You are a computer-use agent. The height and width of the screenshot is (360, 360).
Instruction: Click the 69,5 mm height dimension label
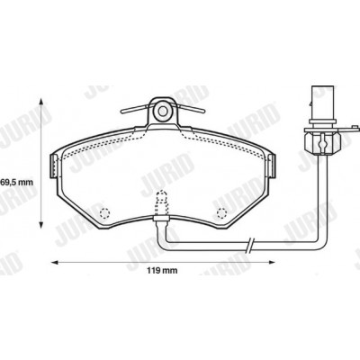(x=16, y=182)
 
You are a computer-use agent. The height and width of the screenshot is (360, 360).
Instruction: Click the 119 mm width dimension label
(x=162, y=271)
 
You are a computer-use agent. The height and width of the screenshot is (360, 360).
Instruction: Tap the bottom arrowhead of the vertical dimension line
(x=41, y=224)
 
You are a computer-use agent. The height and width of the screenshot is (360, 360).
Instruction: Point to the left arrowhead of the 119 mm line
(x=54, y=263)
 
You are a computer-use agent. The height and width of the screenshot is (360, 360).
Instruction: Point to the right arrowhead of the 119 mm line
(x=271, y=263)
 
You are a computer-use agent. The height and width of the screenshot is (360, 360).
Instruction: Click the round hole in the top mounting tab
(x=163, y=112)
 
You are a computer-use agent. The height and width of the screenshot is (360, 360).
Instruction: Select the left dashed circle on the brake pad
(x=104, y=213)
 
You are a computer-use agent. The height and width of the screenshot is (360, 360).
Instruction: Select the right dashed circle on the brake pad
(x=221, y=213)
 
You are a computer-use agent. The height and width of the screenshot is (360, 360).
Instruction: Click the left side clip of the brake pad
(x=53, y=166)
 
